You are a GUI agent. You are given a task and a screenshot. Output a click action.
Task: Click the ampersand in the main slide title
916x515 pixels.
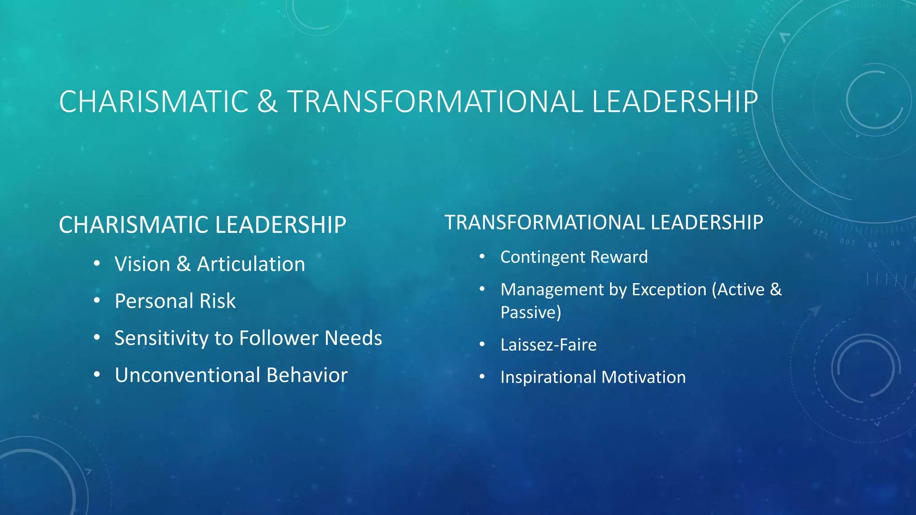(267, 102)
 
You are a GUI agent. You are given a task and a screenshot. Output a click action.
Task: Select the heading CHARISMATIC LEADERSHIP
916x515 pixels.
(202, 225)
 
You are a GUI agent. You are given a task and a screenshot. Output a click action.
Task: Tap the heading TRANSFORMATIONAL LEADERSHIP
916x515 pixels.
(603, 223)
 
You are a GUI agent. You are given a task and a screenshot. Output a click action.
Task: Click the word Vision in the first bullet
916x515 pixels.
(142, 264)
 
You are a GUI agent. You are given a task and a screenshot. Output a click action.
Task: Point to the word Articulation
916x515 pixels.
(251, 264)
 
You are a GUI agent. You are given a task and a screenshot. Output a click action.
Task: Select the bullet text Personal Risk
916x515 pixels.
(175, 301)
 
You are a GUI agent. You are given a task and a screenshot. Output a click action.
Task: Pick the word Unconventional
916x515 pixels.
(187, 375)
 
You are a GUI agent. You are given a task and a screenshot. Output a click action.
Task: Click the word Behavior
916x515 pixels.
(307, 375)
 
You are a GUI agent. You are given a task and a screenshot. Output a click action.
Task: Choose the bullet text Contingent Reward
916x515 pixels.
(574, 257)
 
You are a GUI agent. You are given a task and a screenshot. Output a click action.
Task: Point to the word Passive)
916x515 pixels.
(530, 312)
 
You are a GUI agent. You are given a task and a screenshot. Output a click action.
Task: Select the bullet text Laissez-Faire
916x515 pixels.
(548, 345)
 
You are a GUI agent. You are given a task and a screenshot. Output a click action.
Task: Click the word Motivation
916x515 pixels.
(643, 377)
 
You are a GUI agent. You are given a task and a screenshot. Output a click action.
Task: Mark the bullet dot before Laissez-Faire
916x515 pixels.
(482, 345)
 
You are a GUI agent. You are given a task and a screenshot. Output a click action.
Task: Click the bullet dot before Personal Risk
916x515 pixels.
(97, 301)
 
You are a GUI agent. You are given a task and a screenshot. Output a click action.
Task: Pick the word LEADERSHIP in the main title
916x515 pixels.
(674, 102)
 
